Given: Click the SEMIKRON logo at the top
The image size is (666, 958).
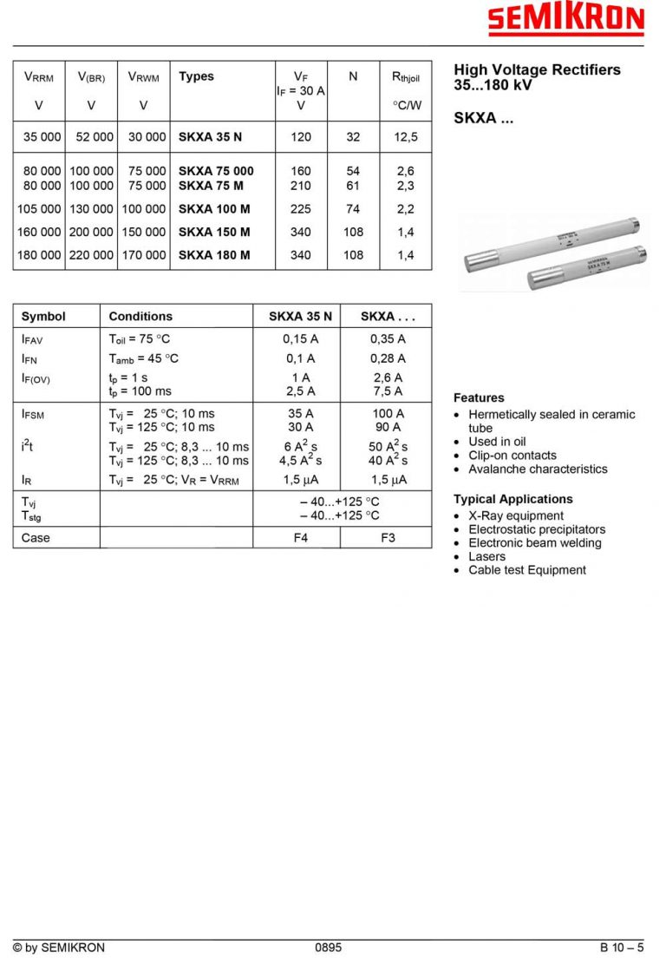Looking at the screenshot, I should [x=565, y=20].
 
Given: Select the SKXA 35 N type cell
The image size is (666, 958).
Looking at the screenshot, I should [x=210, y=137].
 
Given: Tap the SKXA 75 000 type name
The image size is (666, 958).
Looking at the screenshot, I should [x=216, y=171].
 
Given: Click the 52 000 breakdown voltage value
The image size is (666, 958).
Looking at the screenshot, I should [x=91, y=137].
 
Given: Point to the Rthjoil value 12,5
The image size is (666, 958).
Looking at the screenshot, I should [x=405, y=137].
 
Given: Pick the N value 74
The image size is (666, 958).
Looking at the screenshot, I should [x=353, y=209].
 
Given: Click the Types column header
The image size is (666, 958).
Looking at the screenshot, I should [x=196, y=76].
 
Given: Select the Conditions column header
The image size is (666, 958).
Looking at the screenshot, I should [x=140, y=317].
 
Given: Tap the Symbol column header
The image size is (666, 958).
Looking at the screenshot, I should [x=43, y=317].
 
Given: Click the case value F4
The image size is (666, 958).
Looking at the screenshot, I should [x=300, y=538].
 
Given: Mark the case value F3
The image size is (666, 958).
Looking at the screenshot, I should [x=388, y=538].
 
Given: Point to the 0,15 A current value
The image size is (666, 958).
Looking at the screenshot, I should [x=300, y=339].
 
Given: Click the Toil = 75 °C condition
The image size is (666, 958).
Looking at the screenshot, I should [x=140, y=339].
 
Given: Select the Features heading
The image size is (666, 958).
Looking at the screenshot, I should [x=479, y=397].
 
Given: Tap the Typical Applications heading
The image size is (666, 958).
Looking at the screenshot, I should [x=513, y=499].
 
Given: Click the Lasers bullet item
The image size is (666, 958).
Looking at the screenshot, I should [x=486, y=556].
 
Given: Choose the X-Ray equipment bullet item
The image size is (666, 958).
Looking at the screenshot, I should [x=516, y=515].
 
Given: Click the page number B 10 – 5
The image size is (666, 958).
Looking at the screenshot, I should [x=622, y=948].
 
